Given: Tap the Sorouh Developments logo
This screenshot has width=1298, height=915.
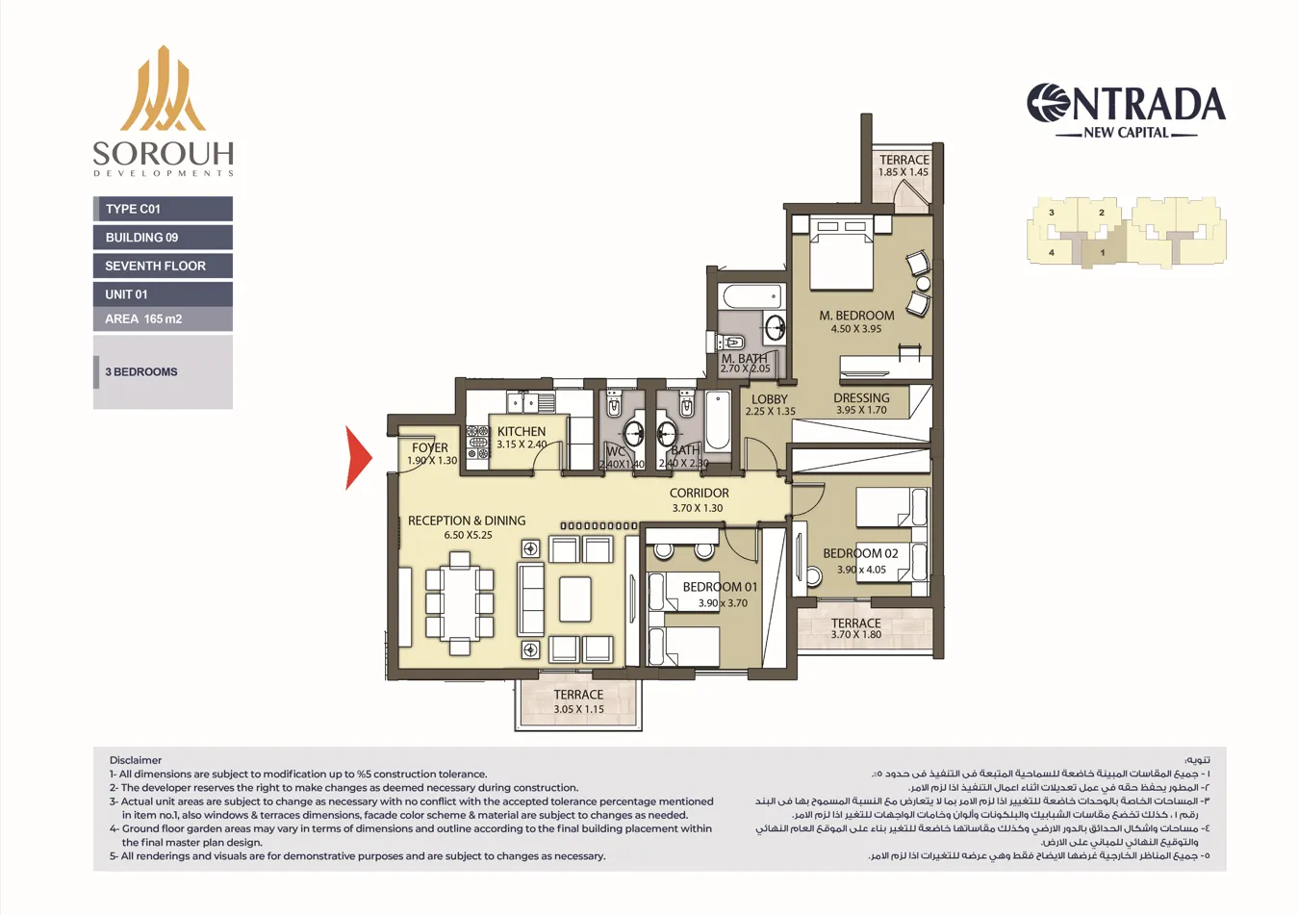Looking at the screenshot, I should [x=163, y=112].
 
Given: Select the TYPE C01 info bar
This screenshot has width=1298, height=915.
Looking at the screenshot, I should [x=163, y=209].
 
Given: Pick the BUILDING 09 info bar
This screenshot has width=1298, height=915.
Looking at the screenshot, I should [x=163, y=238].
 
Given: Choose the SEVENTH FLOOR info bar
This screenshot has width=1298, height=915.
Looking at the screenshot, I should [x=163, y=266].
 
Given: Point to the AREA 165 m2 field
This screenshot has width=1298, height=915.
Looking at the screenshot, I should [x=163, y=318].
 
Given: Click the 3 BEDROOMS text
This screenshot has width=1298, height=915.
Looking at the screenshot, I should [x=141, y=371].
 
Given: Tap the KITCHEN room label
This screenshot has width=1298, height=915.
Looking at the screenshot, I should [x=522, y=432].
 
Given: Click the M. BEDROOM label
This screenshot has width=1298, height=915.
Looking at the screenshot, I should [x=856, y=316].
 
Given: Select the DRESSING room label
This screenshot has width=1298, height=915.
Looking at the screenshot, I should [x=861, y=397].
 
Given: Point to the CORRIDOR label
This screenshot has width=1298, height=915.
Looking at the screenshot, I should [x=699, y=493].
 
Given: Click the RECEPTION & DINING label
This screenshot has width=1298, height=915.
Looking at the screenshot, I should [x=467, y=521].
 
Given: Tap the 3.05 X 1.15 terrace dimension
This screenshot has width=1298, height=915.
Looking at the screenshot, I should [x=578, y=709].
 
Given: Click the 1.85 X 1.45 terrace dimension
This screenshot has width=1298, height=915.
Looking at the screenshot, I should [x=904, y=173].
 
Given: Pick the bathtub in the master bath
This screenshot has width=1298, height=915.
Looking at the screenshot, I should [x=753, y=296].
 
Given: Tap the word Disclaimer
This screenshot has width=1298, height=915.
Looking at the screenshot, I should [x=136, y=760].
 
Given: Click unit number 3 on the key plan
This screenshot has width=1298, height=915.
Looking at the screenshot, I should [x=1052, y=213].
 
